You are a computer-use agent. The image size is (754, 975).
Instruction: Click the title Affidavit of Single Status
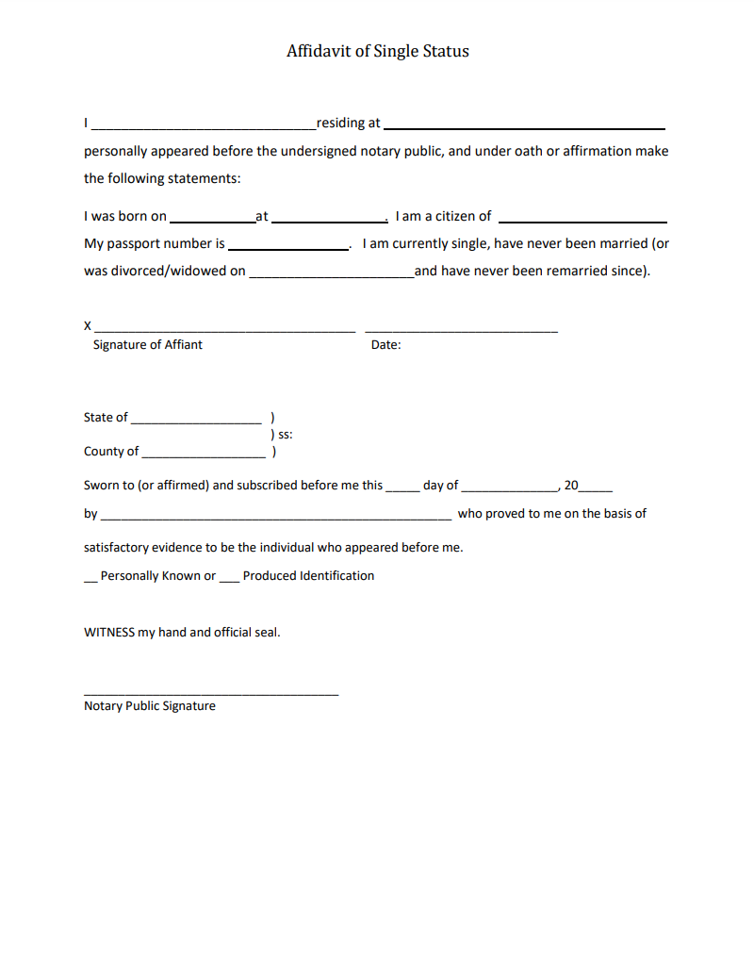coord(377,51)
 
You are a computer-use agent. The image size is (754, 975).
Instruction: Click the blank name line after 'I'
coord(204,124)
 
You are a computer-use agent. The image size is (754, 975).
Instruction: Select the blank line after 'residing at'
coord(525,125)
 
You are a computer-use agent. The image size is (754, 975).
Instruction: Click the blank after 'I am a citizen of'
coord(582,220)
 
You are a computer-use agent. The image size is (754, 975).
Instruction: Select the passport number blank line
coord(287,247)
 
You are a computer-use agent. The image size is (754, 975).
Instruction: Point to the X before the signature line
coord(88,326)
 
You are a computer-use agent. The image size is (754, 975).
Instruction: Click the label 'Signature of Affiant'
coord(147,345)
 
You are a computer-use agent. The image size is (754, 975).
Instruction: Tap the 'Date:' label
coord(385,345)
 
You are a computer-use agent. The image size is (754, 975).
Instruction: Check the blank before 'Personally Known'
coord(90,579)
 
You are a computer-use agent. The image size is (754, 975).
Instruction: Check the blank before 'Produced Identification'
coord(230,579)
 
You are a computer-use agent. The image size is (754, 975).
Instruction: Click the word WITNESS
coord(109,633)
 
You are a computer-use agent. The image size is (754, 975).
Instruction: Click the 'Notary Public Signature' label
coord(150,706)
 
